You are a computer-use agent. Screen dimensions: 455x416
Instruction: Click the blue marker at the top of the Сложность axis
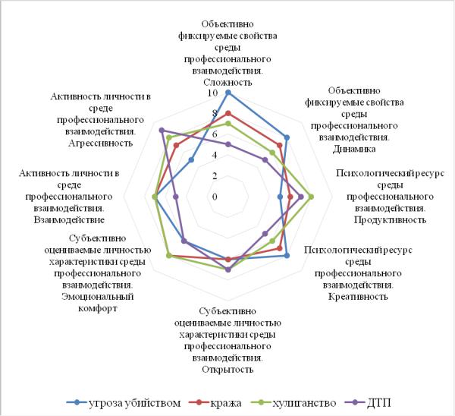(x=228, y=93)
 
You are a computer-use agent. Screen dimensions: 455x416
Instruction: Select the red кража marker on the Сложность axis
(x=228, y=113)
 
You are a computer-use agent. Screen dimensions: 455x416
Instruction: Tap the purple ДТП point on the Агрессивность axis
(x=162, y=130)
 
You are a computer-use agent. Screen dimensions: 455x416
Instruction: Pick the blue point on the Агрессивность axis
(x=191, y=159)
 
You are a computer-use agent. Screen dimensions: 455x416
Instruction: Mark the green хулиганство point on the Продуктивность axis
(x=311, y=197)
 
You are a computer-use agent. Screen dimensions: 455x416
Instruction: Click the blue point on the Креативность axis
(x=287, y=256)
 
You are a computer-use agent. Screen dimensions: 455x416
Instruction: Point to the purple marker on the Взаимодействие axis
(x=176, y=197)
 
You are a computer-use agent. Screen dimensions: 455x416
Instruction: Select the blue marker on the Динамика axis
(x=287, y=137)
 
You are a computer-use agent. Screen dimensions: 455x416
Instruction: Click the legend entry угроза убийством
(x=124, y=403)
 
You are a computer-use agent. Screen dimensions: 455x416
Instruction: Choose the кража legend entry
(x=215, y=403)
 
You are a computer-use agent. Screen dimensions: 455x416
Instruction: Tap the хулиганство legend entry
(x=293, y=403)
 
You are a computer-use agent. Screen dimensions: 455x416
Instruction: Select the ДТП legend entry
(x=368, y=403)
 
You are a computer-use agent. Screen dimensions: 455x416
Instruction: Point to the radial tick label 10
(x=212, y=93)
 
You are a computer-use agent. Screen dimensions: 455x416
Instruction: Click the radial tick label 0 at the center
(x=215, y=197)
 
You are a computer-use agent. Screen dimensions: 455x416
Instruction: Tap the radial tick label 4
(x=215, y=156)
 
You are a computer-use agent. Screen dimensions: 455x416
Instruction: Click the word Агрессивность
(x=101, y=143)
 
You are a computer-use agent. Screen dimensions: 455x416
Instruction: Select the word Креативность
(x=358, y=297)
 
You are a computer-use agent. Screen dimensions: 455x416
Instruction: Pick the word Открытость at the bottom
(x=227, y=370)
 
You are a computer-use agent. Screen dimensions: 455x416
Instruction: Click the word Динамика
(x=354, y=149)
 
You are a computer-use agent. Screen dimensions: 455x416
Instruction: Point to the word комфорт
(x=98, y=308)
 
